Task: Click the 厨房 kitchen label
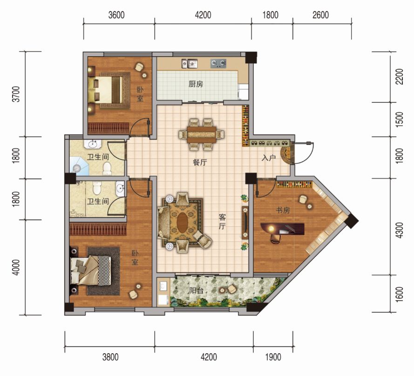point(196,84)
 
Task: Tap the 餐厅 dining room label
point(200,162)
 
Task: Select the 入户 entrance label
point(269,158)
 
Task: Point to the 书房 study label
point(283,210)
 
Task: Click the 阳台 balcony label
point(197,290)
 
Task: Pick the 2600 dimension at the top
point(320,15)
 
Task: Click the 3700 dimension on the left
point(16,94)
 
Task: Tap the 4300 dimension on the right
point(400,230)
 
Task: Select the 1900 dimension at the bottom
point(273,357)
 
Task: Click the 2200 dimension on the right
point(400,76)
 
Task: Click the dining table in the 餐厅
point(202,134)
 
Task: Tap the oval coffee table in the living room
point(182,222)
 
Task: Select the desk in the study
point(283,229)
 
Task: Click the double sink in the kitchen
point(190,64)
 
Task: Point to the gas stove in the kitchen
point(218,64)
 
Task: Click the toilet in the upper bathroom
point(107,168)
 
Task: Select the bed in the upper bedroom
point(106,90)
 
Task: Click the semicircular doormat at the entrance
point(285,154)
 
